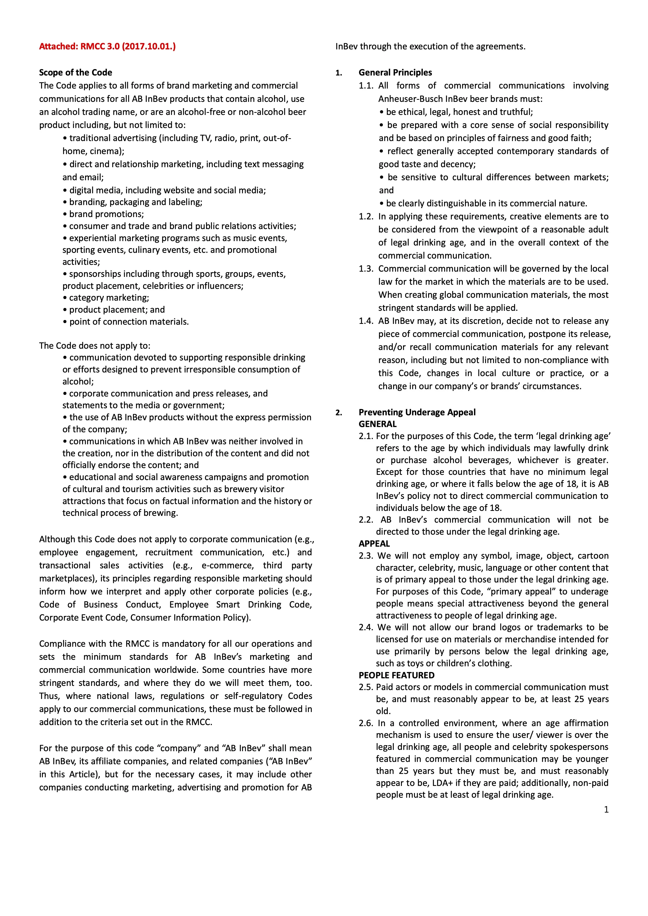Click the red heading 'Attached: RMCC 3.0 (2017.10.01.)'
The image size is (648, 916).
[107, 46]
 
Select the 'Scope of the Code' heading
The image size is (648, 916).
[76, 72]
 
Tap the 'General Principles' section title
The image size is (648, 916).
[395, 72]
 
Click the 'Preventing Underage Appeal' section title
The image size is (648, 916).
[417, 412]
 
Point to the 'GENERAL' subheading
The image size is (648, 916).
[378, 424]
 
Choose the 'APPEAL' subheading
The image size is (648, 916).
[374, 543]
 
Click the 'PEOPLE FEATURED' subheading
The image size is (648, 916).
[396, 675]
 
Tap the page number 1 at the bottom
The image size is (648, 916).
[606, 809]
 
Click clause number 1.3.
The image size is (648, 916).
[366, 269]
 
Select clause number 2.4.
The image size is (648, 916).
[366, 627]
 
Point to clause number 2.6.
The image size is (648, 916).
[366, 723]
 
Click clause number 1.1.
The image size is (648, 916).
[366, 85]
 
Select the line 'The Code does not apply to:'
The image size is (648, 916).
[95, 346]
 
